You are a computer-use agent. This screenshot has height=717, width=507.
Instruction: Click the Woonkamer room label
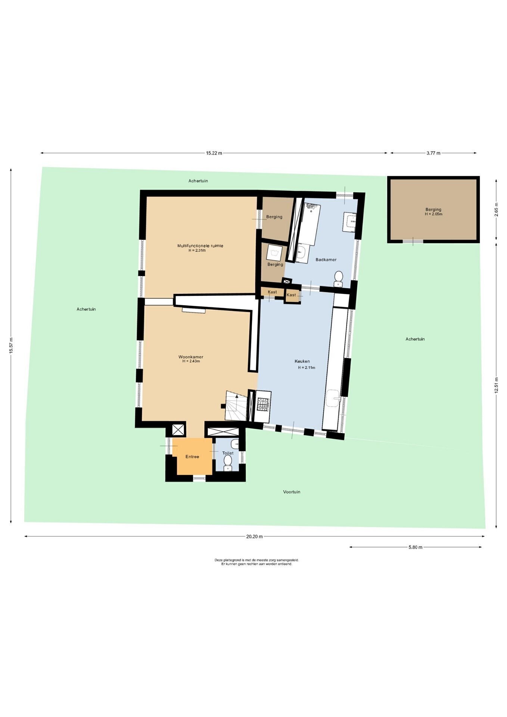click(x=191, y=357)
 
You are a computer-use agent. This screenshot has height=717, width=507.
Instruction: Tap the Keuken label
click(x=302, y=361)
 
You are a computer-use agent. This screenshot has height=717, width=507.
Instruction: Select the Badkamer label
click(x=326, y=260)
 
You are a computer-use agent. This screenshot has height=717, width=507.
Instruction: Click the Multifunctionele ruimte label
click(x=200, y=246)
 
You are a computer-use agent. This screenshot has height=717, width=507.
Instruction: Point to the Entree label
click(x=192, y=457)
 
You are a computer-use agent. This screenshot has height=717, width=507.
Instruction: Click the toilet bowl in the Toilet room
click(x=228, y=463)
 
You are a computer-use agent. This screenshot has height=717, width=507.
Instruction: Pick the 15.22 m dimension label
click(x=214, y=153)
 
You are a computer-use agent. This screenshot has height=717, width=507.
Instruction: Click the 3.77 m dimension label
click(x=433, y=153)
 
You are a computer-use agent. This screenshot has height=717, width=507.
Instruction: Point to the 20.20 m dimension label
click(x=254, y=537)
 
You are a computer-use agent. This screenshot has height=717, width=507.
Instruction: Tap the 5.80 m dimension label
click(x=416, y=547)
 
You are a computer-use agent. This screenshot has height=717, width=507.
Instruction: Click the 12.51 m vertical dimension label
click(x=496, y=385)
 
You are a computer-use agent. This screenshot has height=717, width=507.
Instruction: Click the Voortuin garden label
click(x=292, y=492)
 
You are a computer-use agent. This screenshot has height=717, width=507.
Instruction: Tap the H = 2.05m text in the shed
click(x=433, y=214)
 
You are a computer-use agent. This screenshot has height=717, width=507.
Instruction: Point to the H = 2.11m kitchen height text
click(x=307, y=367)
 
